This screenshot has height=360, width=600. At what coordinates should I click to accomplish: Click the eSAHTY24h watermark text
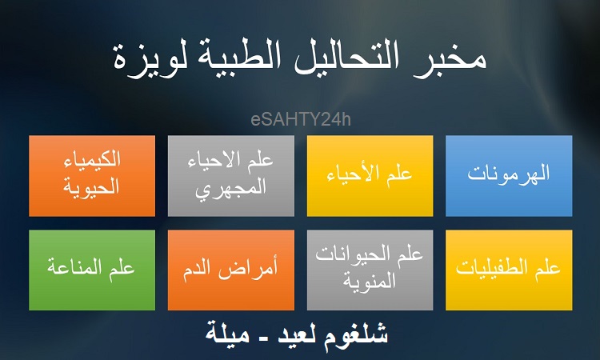pyautogui.click(x=301, y=119)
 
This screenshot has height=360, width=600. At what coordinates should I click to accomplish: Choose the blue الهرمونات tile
pyautogui.click(x=509, y=176)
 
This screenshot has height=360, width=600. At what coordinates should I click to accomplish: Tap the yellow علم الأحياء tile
pyautogui.click(x=370, y=176)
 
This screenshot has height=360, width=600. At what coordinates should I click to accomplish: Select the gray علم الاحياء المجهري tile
pyautogui.click(x=231, y=176)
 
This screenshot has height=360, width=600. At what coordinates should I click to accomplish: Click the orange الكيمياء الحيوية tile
pyautogui.click(x=92, y=176)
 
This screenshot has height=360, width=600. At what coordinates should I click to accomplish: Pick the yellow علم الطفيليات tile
pyautogui.click(x=509, y=270)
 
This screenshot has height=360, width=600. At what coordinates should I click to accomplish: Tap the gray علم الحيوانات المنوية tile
pyautogui.click(x=370, y=270)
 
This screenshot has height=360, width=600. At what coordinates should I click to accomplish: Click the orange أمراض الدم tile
pyautogui.click(x=231, y=270)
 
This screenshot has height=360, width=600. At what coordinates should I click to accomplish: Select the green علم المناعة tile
pyautogui.click(x=92, y=270)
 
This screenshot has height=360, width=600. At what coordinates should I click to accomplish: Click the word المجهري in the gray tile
pyautogui.click(x=230, y=189)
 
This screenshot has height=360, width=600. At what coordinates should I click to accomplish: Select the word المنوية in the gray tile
pyautogui.click(x=369, y=282)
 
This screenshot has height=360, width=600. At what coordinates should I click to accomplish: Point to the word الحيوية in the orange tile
pyautogui.click(x=91, y=187)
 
